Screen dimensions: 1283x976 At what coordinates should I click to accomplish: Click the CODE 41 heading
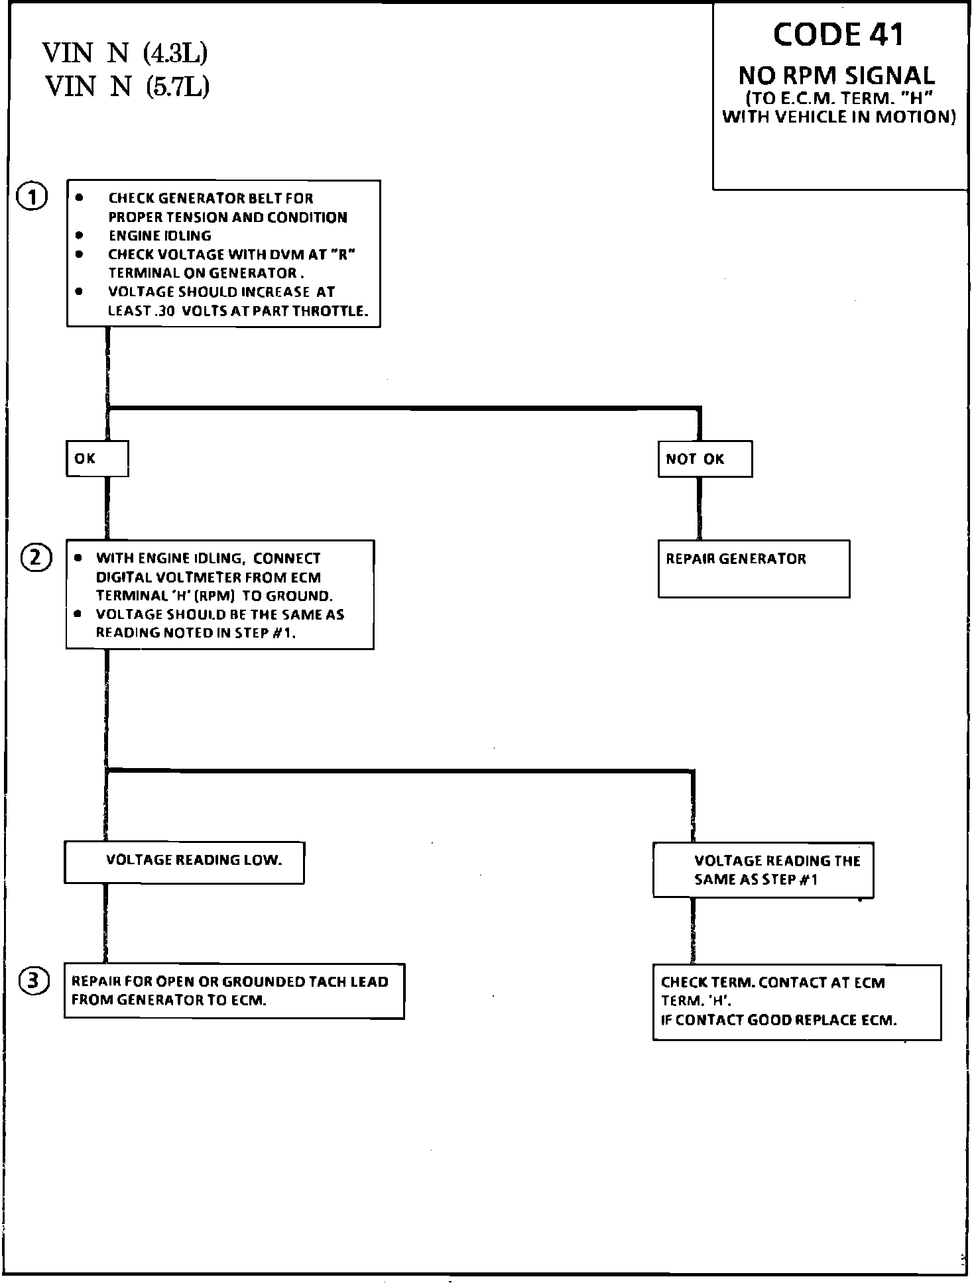click(838, 35)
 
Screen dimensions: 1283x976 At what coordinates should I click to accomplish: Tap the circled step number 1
click(32, 197)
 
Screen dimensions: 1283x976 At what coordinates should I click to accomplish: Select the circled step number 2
click(36, 558)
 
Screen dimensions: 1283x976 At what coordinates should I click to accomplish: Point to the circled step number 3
click(34, 981)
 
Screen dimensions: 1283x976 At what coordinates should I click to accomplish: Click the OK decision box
click(97, 459)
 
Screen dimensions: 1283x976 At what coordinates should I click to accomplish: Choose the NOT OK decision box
click(704, 459)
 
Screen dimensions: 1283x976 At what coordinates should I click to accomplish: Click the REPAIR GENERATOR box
click(753, 569)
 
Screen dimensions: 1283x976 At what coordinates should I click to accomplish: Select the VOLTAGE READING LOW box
click(184, 862)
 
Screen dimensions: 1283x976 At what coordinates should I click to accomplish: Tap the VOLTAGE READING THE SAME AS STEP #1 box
click(762, 870)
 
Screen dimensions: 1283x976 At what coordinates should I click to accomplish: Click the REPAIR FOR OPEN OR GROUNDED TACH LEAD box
click(233, 991)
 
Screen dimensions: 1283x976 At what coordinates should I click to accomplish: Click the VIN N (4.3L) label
click(125, 53)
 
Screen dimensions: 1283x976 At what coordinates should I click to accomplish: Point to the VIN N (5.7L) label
click(127, 86)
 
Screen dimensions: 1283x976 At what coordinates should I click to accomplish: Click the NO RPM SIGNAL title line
click(837, 76)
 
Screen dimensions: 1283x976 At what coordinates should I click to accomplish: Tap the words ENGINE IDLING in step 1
click(160, 236)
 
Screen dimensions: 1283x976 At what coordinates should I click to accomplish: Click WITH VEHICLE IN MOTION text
click(839, 117)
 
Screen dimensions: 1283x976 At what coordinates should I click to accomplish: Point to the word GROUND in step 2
click(296, 596)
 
